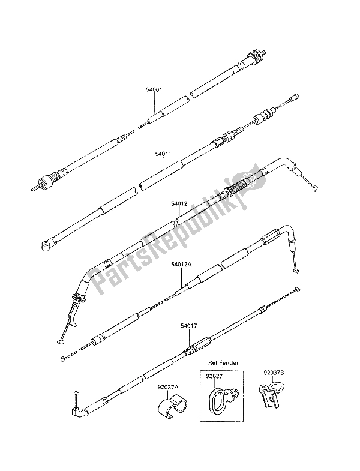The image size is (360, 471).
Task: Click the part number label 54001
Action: point(154,89)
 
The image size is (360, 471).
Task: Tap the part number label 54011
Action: point(163,154)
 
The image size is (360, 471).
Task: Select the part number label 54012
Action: point(179,203)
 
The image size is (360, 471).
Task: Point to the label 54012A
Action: point(182,265)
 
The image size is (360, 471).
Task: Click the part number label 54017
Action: point(189,326)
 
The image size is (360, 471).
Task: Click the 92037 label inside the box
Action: point(214,376)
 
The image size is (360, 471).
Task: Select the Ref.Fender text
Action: point(224,362)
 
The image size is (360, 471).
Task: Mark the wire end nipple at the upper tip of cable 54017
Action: point(298,289)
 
